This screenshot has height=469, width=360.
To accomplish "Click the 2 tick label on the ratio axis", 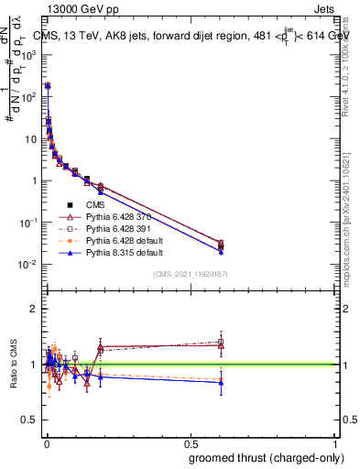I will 33,309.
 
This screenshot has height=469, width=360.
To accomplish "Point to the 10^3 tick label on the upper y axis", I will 29,54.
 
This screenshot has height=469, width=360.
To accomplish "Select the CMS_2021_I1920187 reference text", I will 191,274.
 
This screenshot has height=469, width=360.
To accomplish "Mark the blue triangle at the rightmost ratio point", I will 221,383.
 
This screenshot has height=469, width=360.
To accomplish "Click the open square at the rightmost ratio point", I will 221,342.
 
